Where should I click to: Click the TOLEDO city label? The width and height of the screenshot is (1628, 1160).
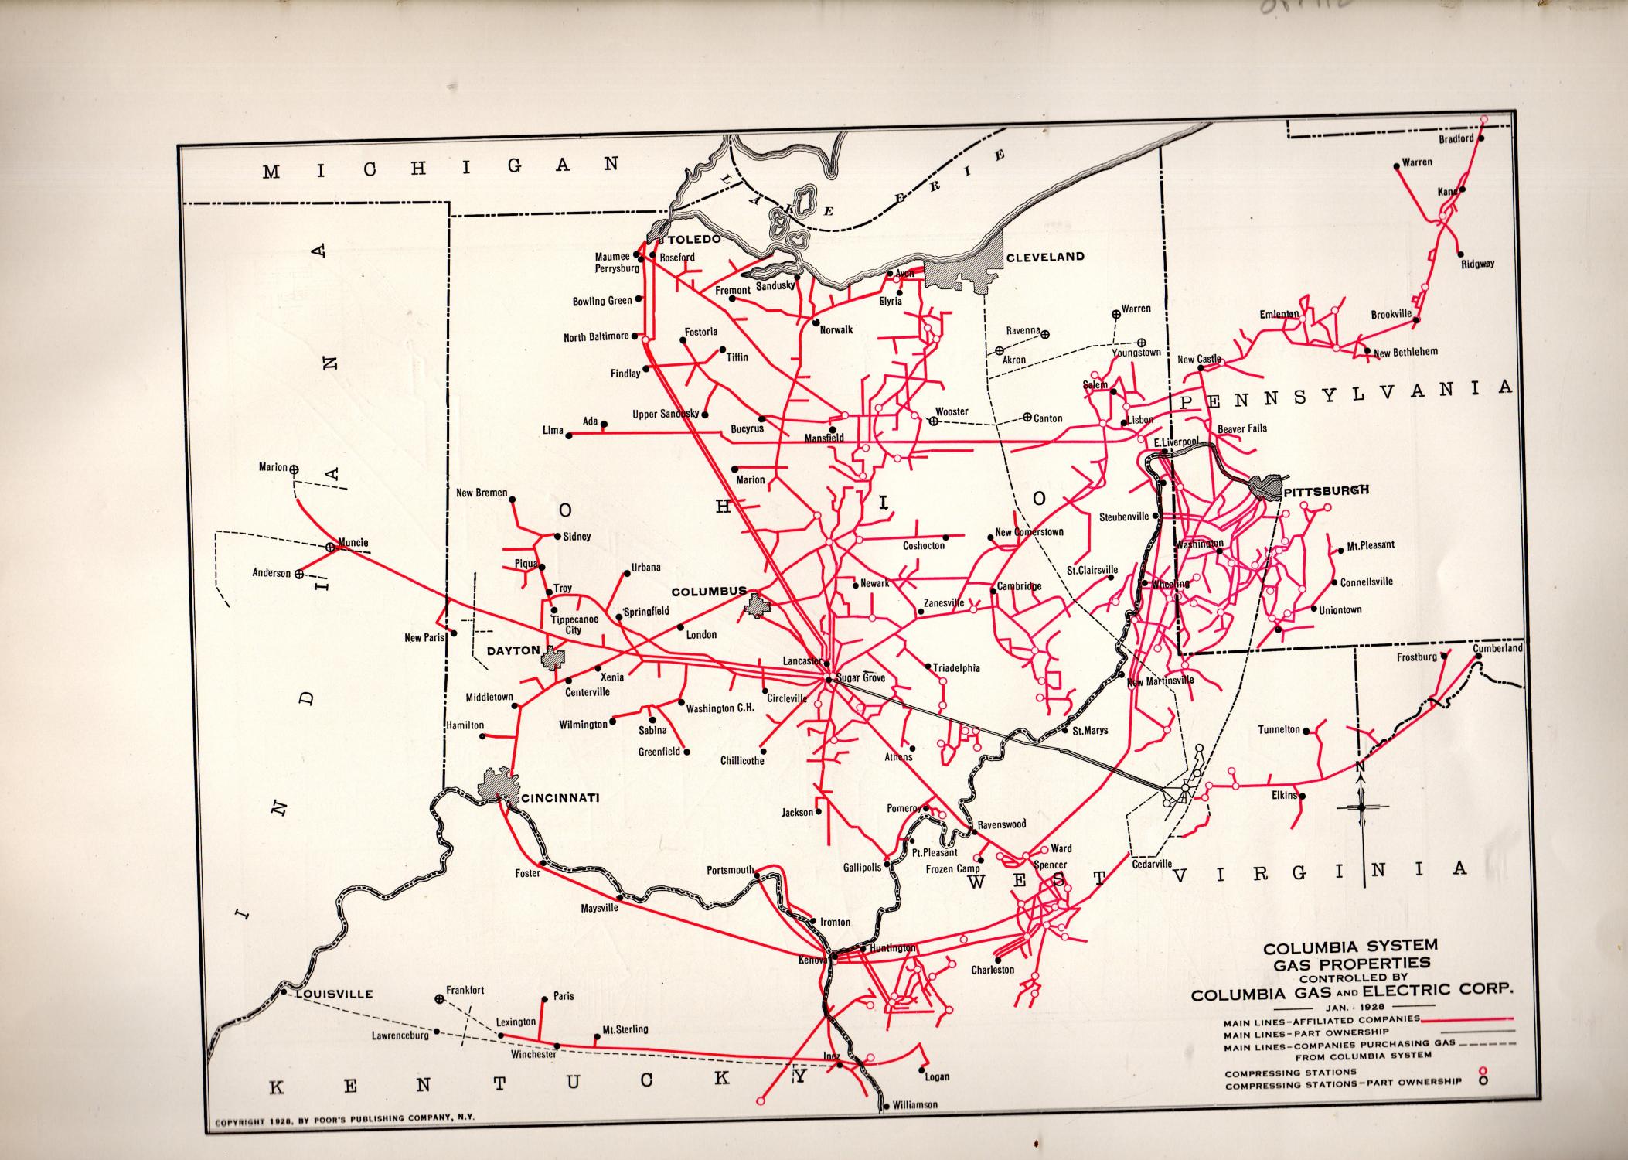(694, 239)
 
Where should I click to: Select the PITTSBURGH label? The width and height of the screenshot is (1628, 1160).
(1327, 490)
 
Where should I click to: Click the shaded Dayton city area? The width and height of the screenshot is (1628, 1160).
(553, 658)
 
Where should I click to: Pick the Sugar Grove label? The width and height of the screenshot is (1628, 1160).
(860, 677)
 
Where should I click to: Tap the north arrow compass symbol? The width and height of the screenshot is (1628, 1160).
(1361, 807)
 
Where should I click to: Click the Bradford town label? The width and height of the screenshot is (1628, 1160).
(1456, 139)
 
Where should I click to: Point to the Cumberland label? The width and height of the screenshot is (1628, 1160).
(1497, 648)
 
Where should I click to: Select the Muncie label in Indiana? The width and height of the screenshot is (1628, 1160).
(353, 542)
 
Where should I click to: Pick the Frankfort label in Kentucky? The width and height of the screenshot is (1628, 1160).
(465, 990)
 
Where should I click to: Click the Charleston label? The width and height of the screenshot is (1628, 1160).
(993, 969)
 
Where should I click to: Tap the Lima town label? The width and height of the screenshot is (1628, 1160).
(553, 430)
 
